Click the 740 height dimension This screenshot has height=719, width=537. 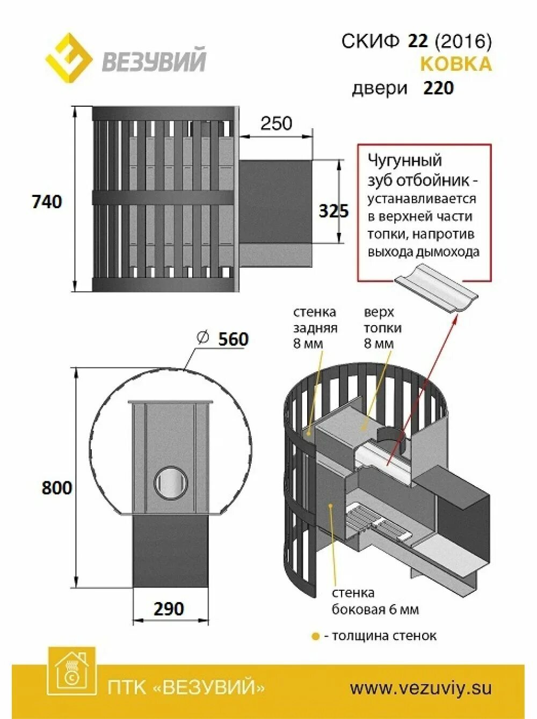[47, 202]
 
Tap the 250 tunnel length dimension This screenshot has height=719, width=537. [276, 123]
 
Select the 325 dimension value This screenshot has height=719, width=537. [333, 211]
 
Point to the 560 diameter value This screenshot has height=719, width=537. [233, 339]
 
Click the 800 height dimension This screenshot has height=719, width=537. [56, 488]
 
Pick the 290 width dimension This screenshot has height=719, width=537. [169, 608]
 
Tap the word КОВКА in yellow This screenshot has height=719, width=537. [455, 64]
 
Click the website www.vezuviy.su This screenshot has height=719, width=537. [420, 688]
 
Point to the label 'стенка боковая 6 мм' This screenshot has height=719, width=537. [375, 601]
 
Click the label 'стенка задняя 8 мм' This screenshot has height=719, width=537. [315, 327]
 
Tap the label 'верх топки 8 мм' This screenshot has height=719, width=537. [382, 327]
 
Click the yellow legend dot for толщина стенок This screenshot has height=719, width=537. [315, 636]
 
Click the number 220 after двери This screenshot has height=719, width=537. [438, 88]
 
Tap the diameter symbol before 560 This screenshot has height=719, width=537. [202, 338]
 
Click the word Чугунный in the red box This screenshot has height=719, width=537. [404, 160]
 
